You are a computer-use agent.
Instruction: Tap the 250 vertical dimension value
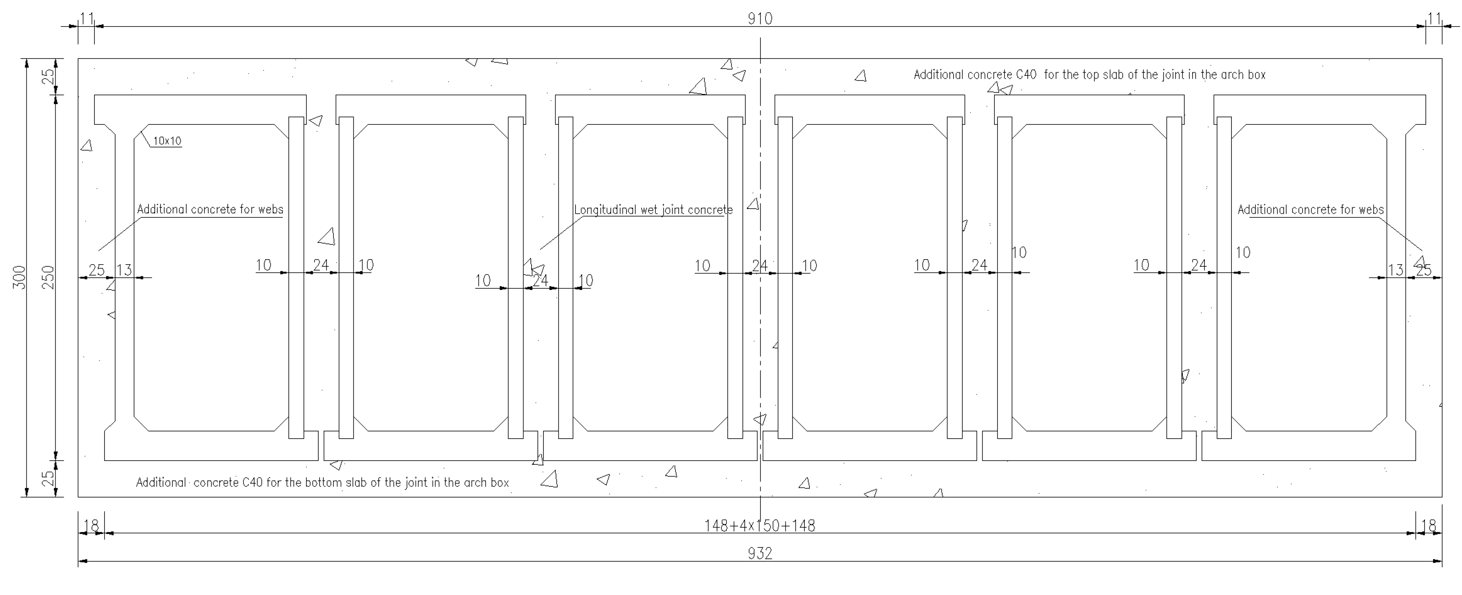click(49, 277)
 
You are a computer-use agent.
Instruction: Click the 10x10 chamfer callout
click(167, 141)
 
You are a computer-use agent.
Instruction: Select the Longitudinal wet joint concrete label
click(653, 210)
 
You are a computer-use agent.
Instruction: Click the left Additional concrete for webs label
click(210, 209)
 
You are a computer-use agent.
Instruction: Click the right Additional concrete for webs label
click(1311, 210)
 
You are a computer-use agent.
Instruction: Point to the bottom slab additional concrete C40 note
click(322, 482)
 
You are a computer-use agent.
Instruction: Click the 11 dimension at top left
click(86, 19)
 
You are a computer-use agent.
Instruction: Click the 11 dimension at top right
click(1434, 19)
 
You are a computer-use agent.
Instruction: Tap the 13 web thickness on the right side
click(1395, 270)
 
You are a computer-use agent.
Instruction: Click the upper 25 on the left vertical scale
click(49, 76)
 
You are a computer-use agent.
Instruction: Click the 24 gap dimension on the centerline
click(759, 265)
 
